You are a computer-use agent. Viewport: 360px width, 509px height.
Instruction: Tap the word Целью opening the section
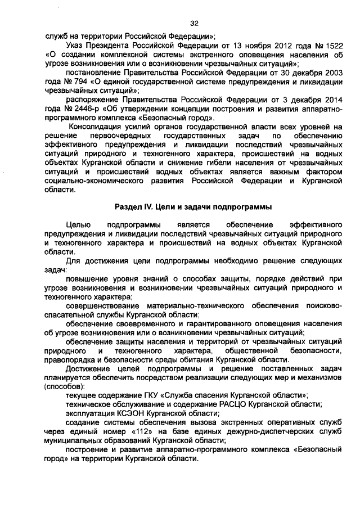(78, 224)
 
